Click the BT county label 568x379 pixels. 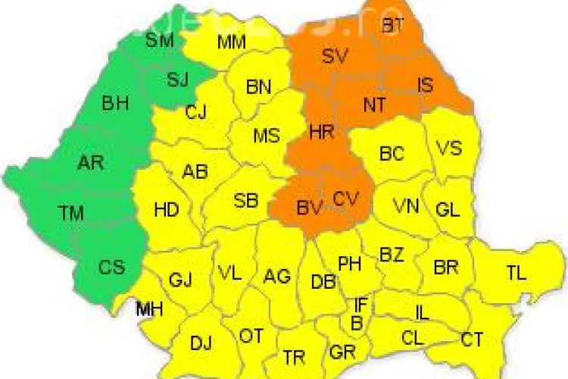point(393,26)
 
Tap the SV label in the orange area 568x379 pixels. point(334,56)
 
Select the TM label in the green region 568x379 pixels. point(71,213)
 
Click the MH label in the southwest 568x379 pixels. point(149,309)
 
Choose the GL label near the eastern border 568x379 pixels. point(448,209)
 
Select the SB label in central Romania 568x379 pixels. point(246,201)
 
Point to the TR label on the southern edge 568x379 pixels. point(294,356)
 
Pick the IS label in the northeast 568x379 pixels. point(426,85)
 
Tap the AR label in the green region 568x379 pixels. point(91,162)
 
